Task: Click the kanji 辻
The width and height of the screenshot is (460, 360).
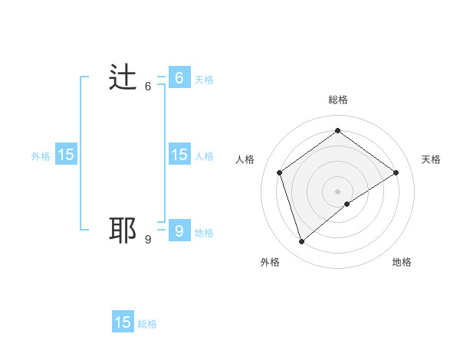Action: click(123, 78)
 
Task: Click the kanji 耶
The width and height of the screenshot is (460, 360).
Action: click(123, 230)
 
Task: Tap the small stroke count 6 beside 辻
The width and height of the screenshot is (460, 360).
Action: click(148, 87)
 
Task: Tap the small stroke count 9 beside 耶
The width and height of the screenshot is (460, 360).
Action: click(148, 240)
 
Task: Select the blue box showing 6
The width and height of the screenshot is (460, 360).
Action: click(179, 77)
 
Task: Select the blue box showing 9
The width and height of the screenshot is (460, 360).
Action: click(179, 231)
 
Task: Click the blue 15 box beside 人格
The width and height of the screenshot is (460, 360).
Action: click(179, 155)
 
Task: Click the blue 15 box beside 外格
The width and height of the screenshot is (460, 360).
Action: click(65, 155)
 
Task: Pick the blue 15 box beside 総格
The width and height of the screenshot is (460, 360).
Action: click(123, 322)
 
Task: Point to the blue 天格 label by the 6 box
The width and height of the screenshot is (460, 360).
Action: click(204, 79)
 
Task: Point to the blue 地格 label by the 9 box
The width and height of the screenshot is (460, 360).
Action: click(204, 232)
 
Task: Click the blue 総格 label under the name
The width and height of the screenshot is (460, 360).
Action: click(147, 324)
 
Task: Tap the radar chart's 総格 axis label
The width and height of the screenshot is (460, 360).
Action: click(337, 100)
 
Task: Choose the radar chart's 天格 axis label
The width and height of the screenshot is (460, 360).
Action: click(431, 159)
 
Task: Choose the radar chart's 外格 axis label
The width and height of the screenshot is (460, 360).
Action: click(270, 262)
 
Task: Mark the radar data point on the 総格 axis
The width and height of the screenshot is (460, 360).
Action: click(337, 131)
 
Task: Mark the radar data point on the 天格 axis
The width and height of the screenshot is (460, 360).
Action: click(396, 172)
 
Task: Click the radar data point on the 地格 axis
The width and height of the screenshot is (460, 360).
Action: click(347, 204)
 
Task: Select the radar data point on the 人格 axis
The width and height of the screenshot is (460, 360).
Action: click(280, 172)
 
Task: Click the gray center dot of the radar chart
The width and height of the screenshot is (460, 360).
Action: click(337, 191)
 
